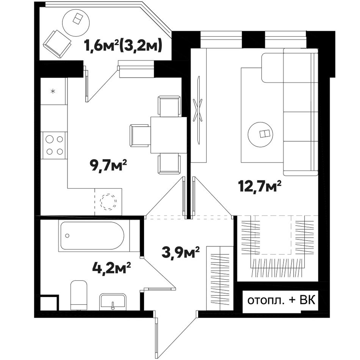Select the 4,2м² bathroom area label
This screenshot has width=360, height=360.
click(x=111, y=268)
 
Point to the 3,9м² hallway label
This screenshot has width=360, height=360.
click(x=180, y=252)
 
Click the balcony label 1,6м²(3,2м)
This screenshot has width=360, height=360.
click(x=124, y=45)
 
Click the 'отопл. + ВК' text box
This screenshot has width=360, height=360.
click(x=281, y=300)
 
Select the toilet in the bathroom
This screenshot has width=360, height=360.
click(x=79, y=295)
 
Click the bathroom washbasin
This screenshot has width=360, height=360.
click(x=113, y=302)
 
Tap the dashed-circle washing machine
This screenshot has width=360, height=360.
click(x=108, y=202)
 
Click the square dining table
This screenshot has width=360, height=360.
click(x=169, y=135)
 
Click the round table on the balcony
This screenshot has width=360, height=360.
click(x=76, y=22)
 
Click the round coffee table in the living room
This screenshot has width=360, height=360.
click(x=261, y=135)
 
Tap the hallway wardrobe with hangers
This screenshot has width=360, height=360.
click(x=220, y=278)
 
